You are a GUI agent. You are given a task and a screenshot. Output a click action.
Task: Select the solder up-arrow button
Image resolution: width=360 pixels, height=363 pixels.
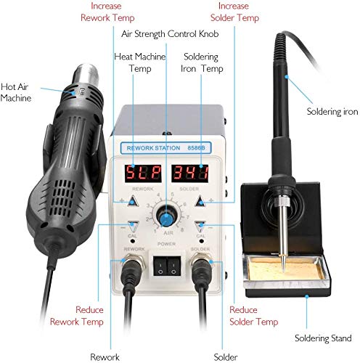tap(202, 202)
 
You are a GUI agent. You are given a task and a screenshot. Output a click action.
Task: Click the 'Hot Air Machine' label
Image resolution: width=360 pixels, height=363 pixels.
tap(17, 91)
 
